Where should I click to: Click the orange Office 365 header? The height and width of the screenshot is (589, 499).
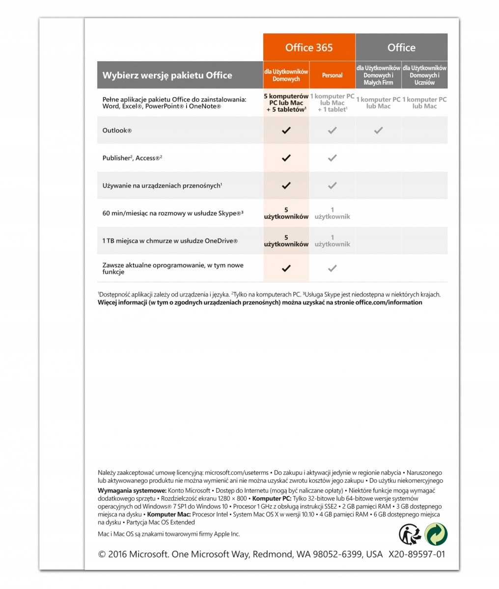tap(309, 48)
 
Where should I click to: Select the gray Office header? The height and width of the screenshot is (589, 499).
tap(401, 48)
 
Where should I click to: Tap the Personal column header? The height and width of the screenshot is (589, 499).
tap(332, 75)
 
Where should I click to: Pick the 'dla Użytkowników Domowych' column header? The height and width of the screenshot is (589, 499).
tap(286, 75)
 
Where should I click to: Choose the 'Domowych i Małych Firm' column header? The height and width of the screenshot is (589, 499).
tap(378, 75)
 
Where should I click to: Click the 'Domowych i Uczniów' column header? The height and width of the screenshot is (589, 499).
tap(424, 75)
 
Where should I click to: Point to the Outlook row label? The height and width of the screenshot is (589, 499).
tap(117, 131)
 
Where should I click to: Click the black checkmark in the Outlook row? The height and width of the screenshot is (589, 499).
tap(286, 131)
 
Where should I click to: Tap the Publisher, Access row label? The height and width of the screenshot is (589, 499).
tap(132, 158)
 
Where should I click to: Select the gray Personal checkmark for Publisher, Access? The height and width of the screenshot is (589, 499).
tap(333, 158)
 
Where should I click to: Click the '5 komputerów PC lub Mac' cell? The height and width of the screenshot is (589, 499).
tap(286, 103)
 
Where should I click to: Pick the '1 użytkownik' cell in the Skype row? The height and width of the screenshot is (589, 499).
tap(333, 213)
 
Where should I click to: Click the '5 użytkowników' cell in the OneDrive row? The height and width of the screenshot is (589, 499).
tap(286, 241)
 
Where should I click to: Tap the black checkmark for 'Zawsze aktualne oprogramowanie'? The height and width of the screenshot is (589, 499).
tap(286, 268)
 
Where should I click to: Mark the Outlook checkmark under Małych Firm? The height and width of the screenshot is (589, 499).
tap(378, 131)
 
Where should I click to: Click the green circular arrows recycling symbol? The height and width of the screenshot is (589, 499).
tap(436, 534)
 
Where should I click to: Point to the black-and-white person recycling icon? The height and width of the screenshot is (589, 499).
tap(410, 534)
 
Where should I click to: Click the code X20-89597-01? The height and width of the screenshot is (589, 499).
tap(416, 554)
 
